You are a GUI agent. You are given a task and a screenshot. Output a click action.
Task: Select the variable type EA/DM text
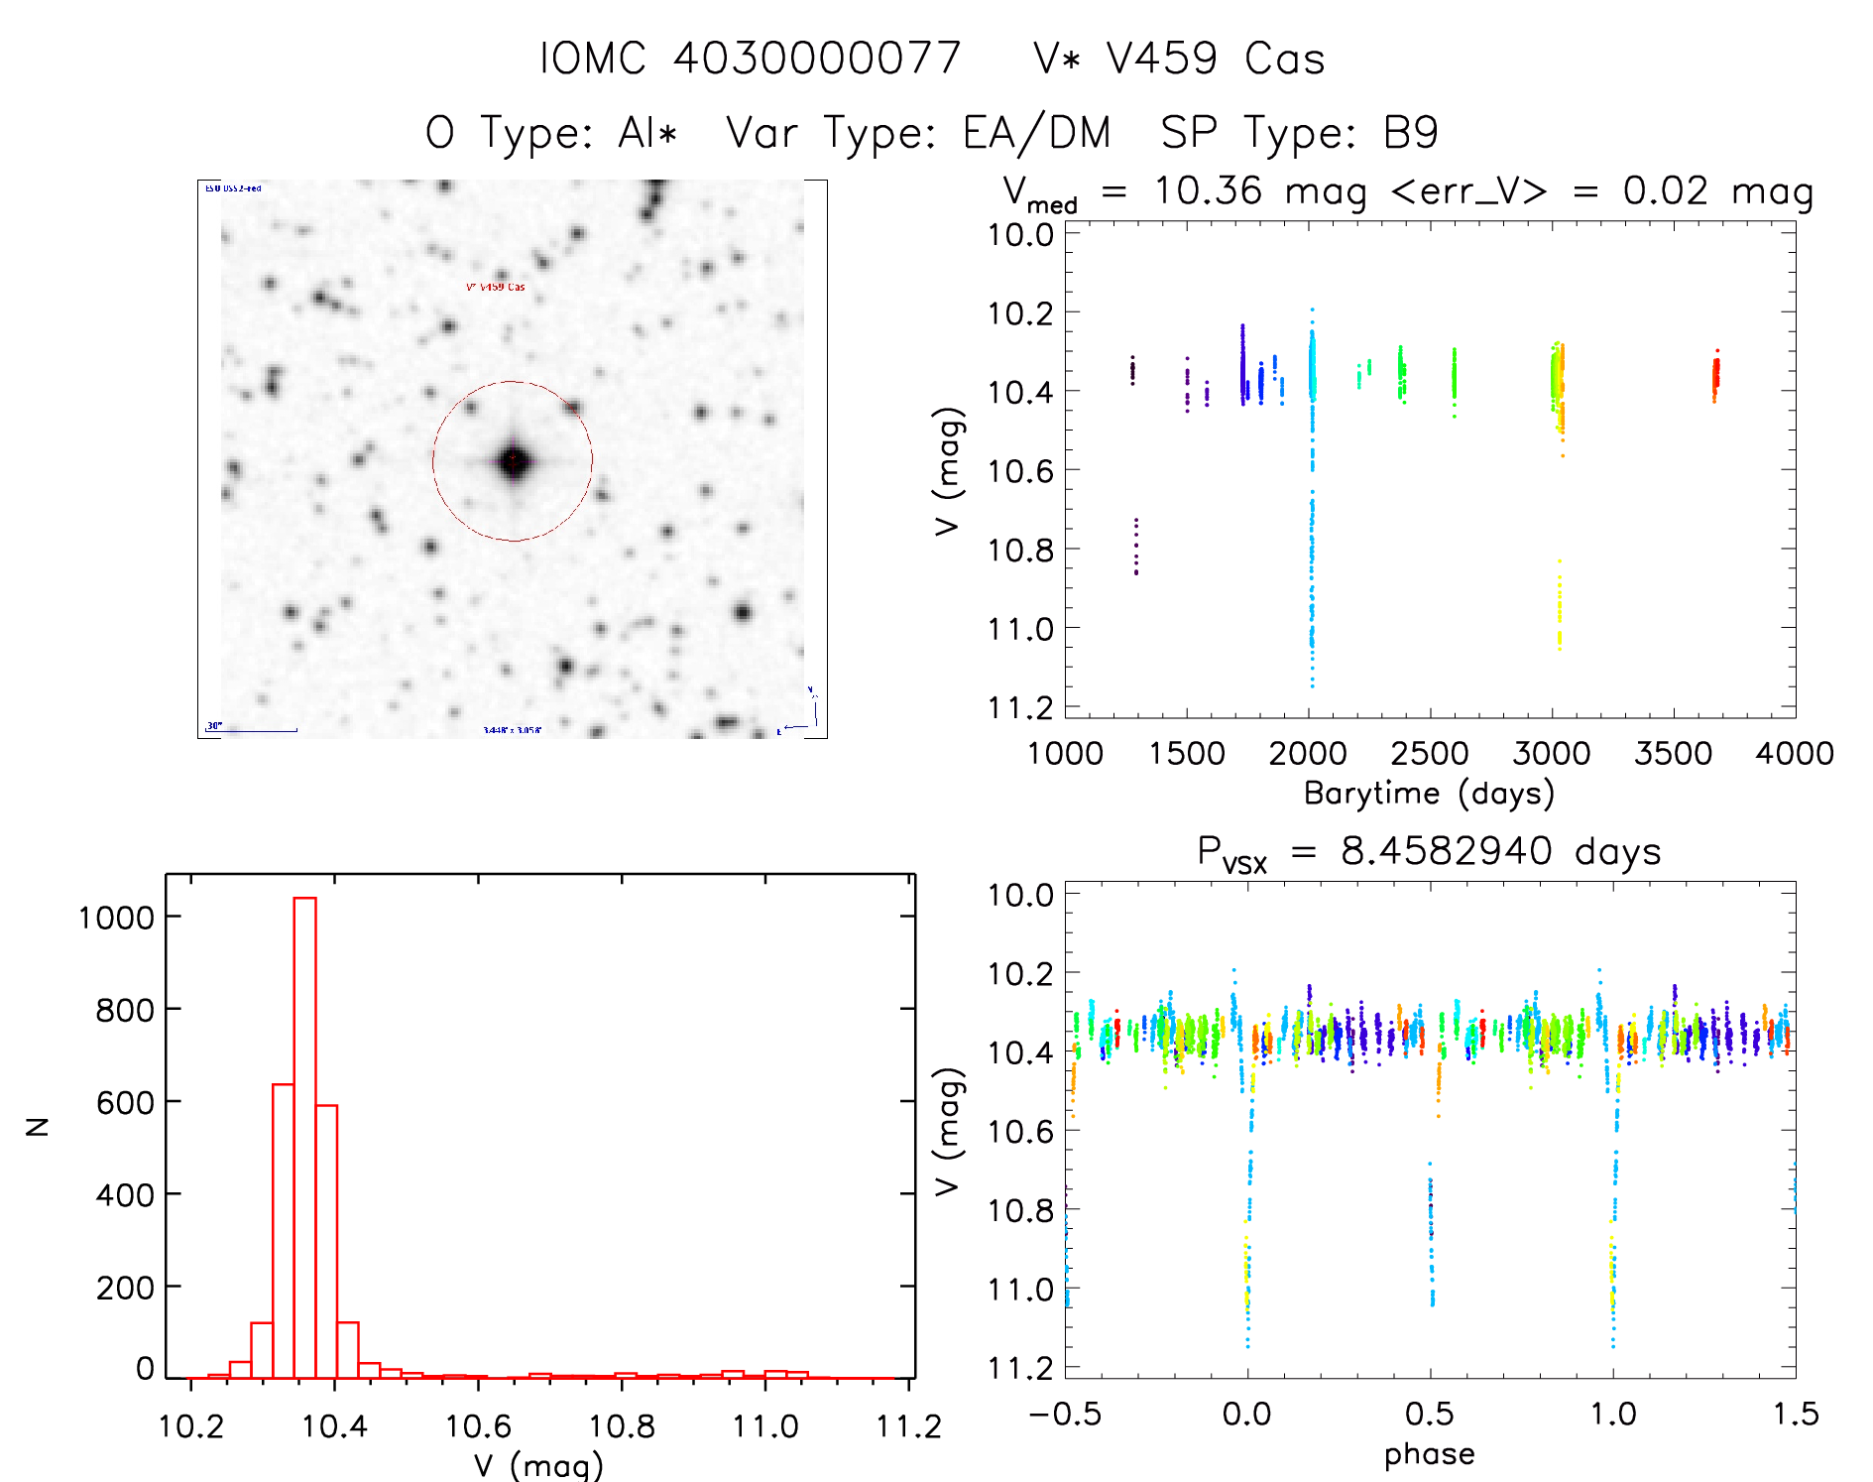(1036, 133)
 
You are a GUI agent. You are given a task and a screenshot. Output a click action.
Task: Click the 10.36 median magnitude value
(1208, 190)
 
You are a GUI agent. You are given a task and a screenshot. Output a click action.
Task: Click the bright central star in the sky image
(513, 461)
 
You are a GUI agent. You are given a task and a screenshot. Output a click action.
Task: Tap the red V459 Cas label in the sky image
(496, 288)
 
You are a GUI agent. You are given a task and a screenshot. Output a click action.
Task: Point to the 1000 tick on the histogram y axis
(117, 918)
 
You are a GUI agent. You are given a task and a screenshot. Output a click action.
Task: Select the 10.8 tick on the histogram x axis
(622, 1426)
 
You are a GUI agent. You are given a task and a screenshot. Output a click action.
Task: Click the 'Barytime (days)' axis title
(1429, 794)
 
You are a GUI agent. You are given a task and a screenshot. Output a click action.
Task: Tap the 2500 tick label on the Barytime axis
(1429, 754)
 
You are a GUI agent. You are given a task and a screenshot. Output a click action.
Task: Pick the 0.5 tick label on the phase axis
(1429, 1414)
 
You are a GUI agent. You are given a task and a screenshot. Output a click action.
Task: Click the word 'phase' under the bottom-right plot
(1429, 1454)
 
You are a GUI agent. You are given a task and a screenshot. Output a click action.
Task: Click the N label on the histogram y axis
(38, 1126)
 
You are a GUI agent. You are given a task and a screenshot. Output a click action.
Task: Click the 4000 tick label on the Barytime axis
(1794, 754)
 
